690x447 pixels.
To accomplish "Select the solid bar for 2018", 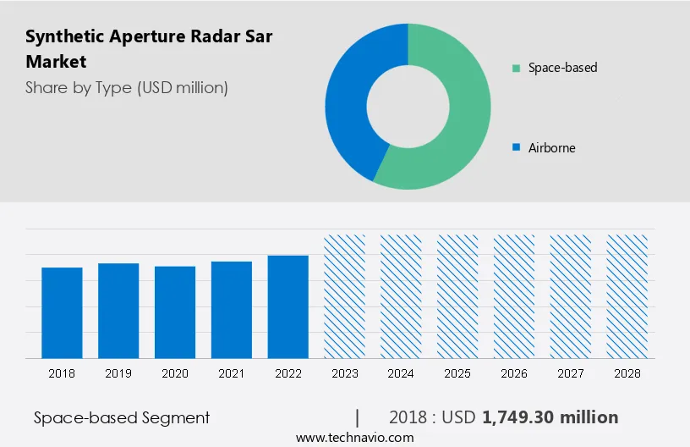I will pos(62,312).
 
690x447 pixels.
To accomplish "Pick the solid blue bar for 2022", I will pos(288,306).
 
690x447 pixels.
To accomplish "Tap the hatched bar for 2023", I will pos(345,296).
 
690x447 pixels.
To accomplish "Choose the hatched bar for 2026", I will pos(514,296).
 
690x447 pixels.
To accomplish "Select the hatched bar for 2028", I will pos(627,296).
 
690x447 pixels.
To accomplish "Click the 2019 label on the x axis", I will pos(118,373).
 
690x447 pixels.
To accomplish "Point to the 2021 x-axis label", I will pos(232,373).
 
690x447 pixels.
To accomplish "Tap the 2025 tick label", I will pos(457,373).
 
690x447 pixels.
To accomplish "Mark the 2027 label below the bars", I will pos(571,373).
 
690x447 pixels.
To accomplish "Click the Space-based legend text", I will pos(562,67).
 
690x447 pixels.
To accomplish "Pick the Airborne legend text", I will pos(551,147).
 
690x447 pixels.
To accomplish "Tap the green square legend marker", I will pos(516,67).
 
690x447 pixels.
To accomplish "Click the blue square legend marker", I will pos(516,147).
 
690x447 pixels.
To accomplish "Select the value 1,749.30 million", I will pos(550,417).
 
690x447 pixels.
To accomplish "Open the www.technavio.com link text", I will pos(354,438).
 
